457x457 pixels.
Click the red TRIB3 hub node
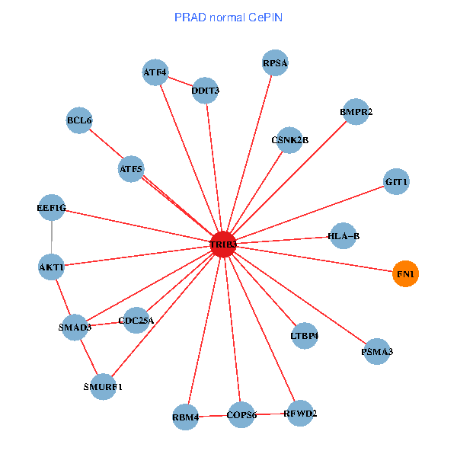coord(223,244)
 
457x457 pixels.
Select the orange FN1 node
coord(406,273)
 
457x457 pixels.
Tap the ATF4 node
coord(155,73)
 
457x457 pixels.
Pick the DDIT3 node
coord(206,91)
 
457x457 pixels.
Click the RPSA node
coord(275,63)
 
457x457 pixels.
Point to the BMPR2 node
coord(356,112)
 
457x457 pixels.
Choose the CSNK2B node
coord(289,140)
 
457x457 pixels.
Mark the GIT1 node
coord(397,182)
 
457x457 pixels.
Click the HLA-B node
coord(344,236)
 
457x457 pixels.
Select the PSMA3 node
coord(377,352)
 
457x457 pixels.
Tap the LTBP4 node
coord(305,335)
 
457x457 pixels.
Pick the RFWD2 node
coord(300,414)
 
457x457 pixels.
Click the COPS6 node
coord(241,415)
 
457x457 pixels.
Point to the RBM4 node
coord(185,417)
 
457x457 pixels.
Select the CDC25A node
coord(136,321)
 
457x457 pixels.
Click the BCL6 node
coord(79,120)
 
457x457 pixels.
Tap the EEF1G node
coord(52,208)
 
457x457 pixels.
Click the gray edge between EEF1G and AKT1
coord(52,238)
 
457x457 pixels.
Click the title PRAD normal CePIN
coord(228,17)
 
